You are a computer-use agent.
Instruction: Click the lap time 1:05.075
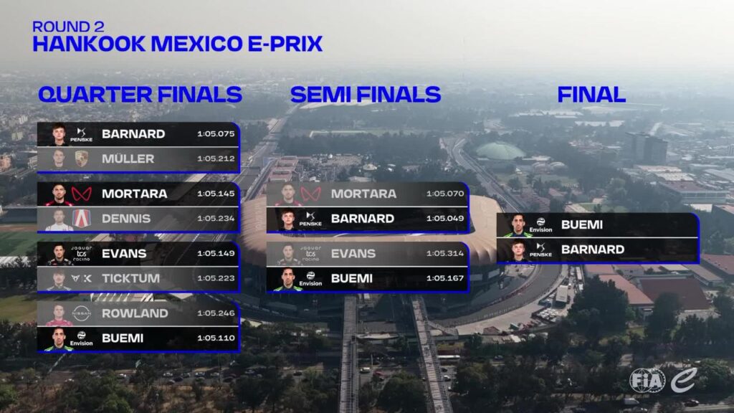[216, 134]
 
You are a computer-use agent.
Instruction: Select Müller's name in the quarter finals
[128, 158]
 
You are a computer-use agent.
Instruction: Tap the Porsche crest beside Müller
[82, 158]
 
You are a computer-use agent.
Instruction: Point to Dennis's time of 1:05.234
[216, 218]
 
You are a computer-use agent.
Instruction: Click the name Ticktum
[130, 278]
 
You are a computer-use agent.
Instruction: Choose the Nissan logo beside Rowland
[82, 313]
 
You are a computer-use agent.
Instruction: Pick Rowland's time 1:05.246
[216, 313]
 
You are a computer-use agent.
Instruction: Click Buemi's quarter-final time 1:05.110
[216, 338]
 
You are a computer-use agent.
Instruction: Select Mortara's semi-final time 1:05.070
[445, 194]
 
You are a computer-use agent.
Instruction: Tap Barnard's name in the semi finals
[362, 219]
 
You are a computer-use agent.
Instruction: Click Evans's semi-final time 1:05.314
[445, 253]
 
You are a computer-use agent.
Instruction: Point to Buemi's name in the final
[582, 224]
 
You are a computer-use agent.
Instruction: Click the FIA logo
[647, 380]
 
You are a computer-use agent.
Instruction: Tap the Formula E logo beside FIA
[684, 380]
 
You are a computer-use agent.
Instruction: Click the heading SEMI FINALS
[366, 95]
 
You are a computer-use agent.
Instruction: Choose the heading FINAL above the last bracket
[591, 95]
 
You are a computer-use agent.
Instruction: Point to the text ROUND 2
[68, 27]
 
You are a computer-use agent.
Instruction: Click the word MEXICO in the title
[197, 44]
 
